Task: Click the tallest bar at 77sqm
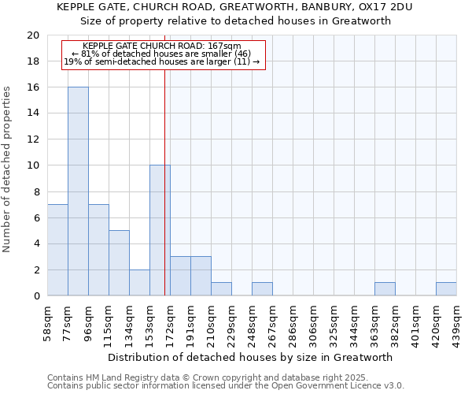78,191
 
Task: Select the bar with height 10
160,230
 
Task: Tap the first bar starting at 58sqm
57,250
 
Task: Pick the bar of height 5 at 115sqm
119,263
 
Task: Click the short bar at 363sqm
385,289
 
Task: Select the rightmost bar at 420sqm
446,289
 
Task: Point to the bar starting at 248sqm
262,289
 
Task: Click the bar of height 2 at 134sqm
139,283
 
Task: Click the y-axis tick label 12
32,139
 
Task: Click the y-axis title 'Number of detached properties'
7,169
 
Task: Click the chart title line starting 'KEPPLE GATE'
234,7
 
